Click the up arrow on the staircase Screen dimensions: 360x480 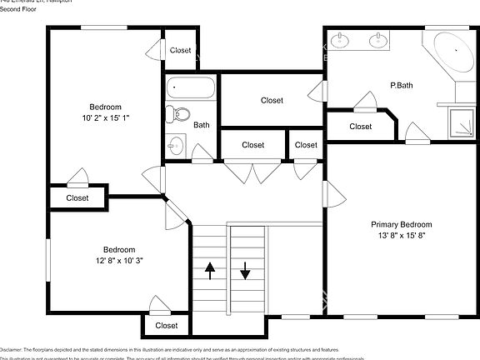click(209, 269)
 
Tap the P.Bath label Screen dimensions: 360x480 click(402, 85)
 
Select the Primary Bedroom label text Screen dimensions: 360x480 click(402, 224)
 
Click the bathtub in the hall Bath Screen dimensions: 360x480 click(191, 87)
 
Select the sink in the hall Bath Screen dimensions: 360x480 click(175, 144)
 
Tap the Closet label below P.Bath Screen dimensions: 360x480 click(360, 127)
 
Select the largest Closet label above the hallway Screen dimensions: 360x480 click(272, 101)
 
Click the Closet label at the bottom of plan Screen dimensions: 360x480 click(167, 326)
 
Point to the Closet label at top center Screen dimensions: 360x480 click(180, 50)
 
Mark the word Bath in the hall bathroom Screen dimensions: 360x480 click(202, 125)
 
